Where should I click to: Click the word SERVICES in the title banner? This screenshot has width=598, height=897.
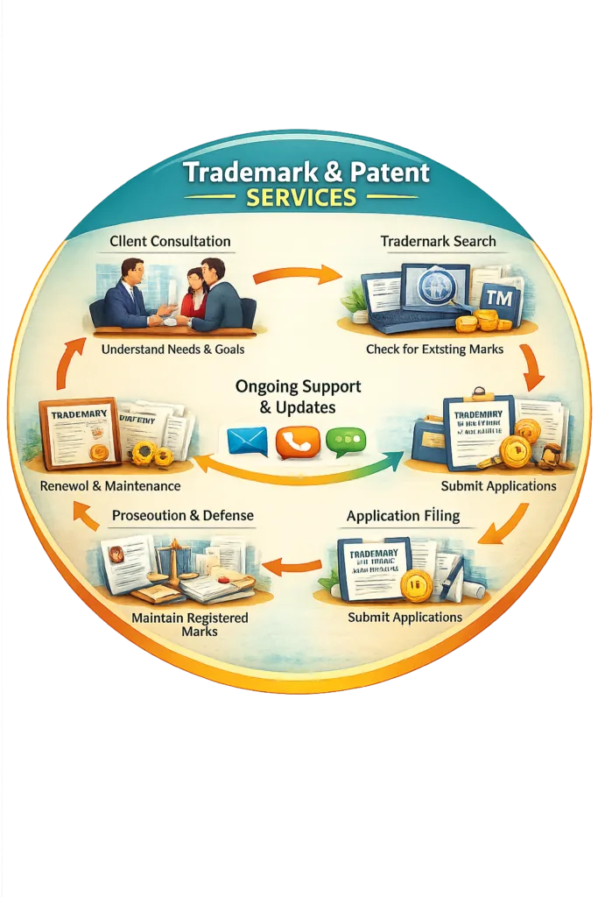(300, 197)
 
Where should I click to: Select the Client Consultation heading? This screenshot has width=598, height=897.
(170, 241)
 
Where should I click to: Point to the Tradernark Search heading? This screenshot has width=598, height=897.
(438, 241)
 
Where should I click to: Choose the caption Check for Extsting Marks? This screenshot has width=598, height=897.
(435, 350)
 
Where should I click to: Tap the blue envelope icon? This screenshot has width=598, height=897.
(247, 441)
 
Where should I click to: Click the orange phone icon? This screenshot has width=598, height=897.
(298, 442)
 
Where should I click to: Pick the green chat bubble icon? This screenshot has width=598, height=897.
(346, 441)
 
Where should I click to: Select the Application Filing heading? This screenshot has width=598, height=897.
(403, 516)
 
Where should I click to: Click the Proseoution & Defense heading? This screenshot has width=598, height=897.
(183, 516)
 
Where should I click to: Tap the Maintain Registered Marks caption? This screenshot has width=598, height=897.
(189, 625)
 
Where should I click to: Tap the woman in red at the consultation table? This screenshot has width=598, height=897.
(194, 293)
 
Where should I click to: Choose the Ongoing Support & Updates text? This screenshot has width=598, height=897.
(298, 396)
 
